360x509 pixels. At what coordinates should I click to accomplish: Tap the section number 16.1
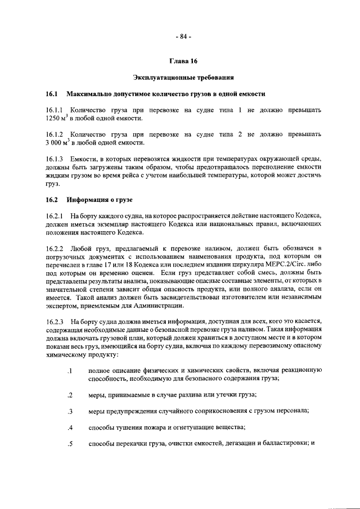pyautogui.click(x=52, y=93)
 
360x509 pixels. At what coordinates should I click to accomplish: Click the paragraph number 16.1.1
pyautogui.click(x=55, y=110)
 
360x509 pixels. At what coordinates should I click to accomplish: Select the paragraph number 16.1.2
pyautogui.click(x=55, y=135)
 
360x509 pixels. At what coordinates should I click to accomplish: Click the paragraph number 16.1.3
pyautogui.click(x=55, y=160)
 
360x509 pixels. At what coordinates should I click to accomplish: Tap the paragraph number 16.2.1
pyautogui.click(x=55, y=216)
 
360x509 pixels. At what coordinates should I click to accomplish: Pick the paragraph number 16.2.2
pyautogui.click(x=55, y=249)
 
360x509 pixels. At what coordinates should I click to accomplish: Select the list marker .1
pyautogui.click(x=70, y=371)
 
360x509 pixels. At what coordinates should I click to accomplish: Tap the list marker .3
pyautogui.click(x=70, y=412)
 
